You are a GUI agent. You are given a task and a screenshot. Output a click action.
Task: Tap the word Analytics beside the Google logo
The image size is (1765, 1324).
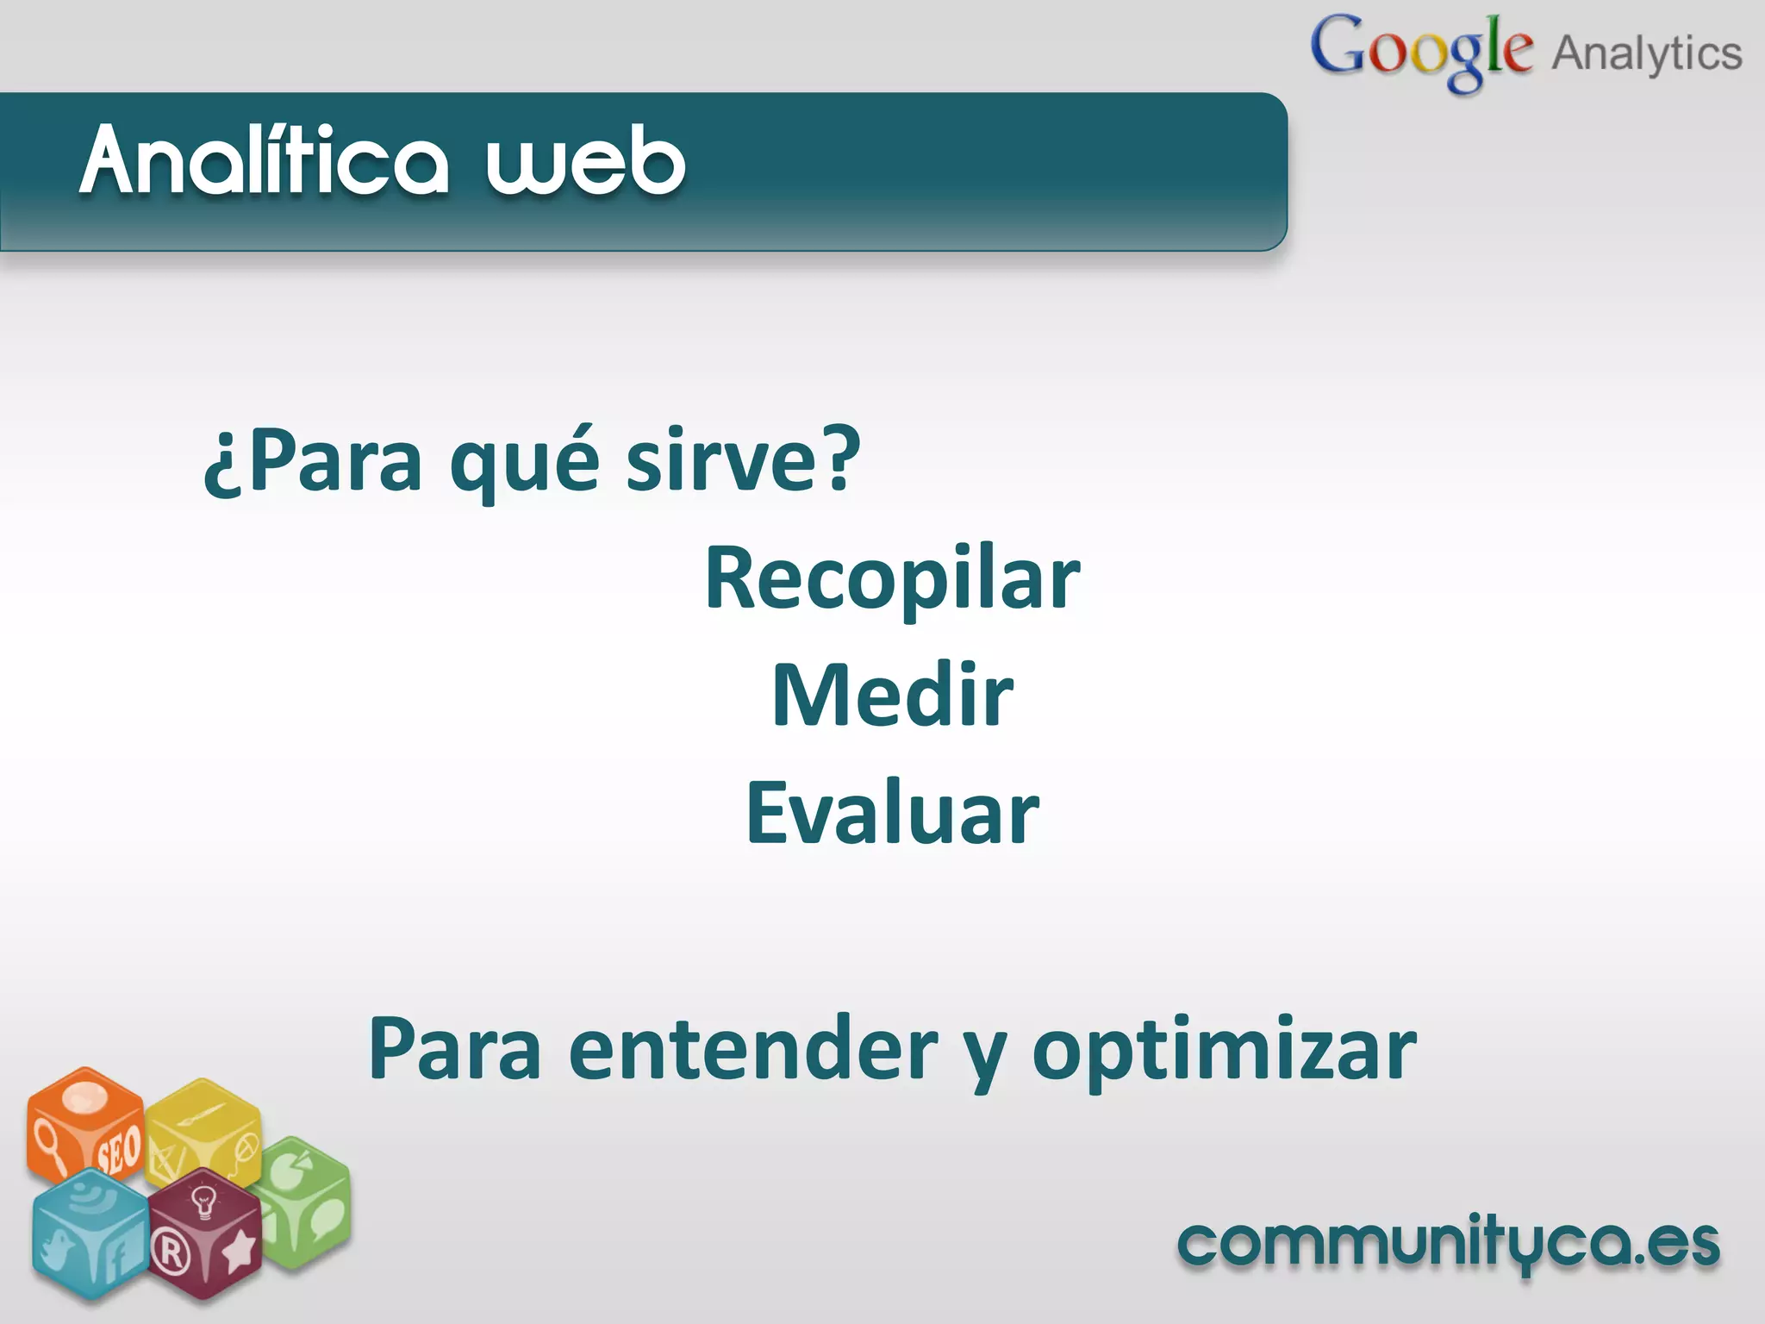[1646, 53]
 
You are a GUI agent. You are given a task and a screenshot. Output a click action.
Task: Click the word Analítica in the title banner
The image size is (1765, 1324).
[265, 160]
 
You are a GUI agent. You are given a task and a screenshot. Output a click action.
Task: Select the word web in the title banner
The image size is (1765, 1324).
[586, 160]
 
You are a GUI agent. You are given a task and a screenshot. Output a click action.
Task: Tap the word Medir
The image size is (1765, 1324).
[892, 696]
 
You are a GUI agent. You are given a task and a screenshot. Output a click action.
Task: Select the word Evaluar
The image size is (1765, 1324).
[892, 813]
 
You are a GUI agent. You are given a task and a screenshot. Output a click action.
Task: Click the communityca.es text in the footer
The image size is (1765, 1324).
[1448, 1244]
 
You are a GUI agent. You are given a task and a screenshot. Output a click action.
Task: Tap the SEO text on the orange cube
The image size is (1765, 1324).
[118, 1150]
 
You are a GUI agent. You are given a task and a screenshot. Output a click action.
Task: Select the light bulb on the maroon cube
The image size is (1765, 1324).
[203, 1201]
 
